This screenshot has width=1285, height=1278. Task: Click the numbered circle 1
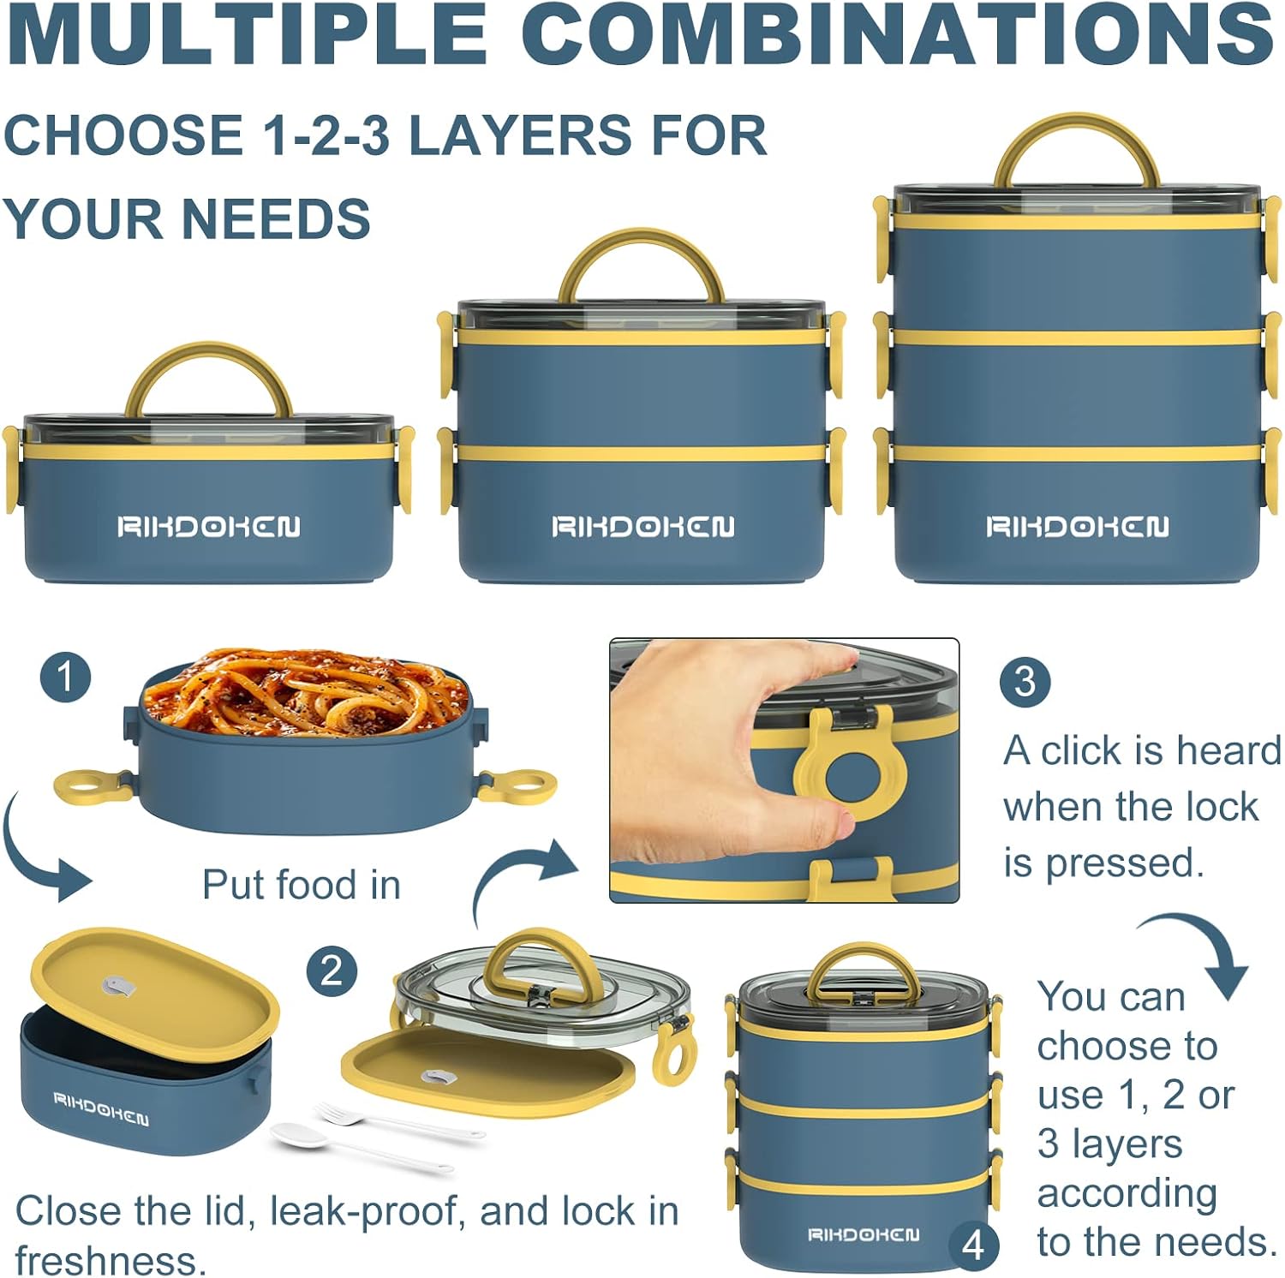point(65,678)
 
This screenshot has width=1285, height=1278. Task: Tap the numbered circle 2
point(332,971)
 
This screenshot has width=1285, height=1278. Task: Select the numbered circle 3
point(1025,681)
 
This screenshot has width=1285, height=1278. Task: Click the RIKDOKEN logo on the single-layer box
point(208,526)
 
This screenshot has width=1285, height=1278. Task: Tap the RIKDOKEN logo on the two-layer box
point(642,526)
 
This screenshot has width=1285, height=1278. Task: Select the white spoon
point(360,1146)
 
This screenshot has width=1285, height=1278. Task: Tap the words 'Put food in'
point(302,885)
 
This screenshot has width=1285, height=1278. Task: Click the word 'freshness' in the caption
point(111,1260)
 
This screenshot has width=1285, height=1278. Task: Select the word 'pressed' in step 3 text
point(1124,863)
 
